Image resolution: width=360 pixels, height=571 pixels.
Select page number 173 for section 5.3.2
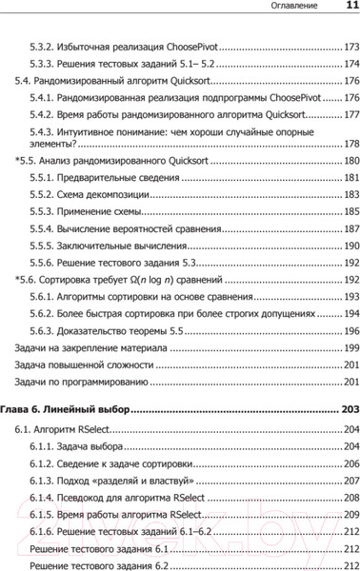tap(350, 47)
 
